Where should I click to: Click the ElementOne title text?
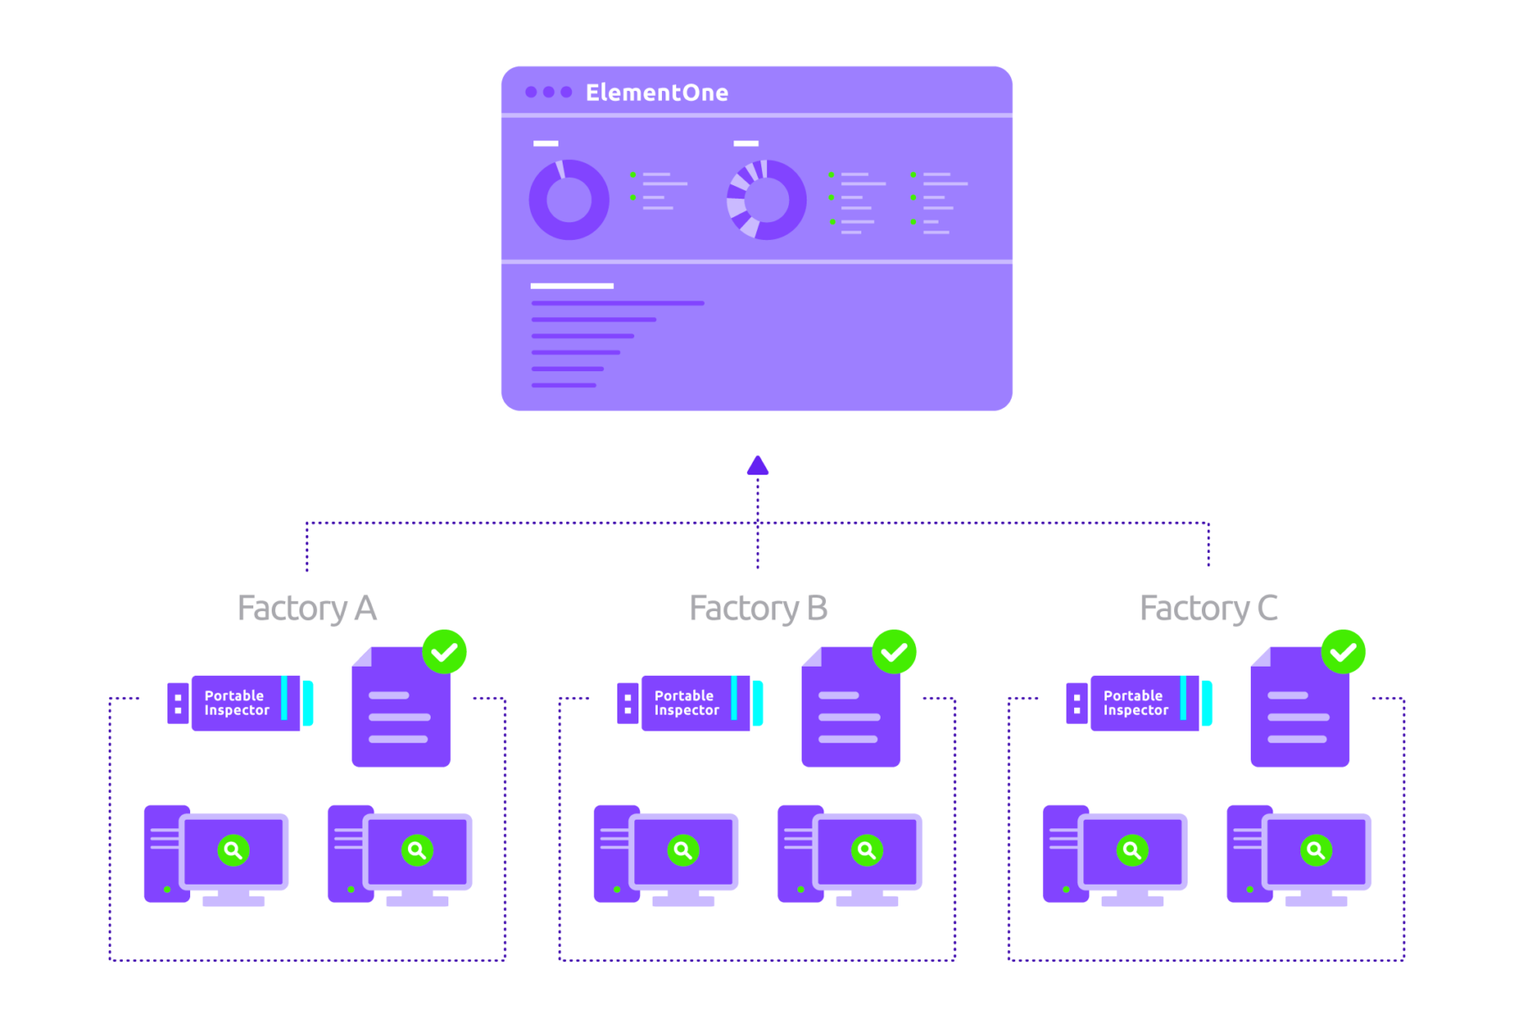point(657,93)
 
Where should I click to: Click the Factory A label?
point(307,609)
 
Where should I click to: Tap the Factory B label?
point(758,609)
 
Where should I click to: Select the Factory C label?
point(1209,609)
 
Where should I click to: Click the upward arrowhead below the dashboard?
point(758,465)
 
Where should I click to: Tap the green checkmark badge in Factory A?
point(444,652)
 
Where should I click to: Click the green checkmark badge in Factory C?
point(1343,652)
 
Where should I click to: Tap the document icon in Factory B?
point(850,711)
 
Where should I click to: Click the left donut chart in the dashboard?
point(569,200)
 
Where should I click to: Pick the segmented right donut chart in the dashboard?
point(766,200)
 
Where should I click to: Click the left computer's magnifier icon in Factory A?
point(234,850)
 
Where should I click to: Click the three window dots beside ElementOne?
point(548,92)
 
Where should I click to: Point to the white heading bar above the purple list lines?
point(572,286)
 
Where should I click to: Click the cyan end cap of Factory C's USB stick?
point(1207,703)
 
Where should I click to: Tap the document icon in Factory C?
point(1300,711)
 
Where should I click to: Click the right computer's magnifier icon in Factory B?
point(866,850)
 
